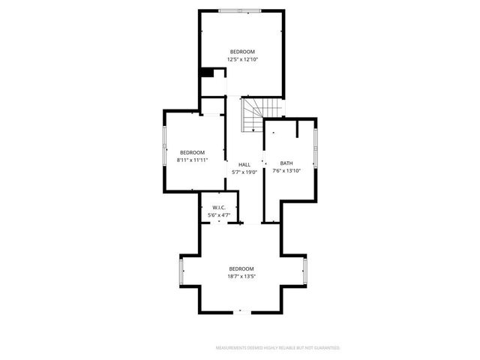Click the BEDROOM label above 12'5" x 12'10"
pos(242,51)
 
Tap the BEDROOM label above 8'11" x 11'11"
pos(192,152)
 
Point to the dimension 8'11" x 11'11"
pos(192,160)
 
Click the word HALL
pos(244,165)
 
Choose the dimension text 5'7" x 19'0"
pos(244,172)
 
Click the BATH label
pos(286,163)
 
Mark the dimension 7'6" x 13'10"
pos(286,171)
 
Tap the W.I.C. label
pos(219,208)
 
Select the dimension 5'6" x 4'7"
pos(219,215)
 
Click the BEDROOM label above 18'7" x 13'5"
pos(241,268)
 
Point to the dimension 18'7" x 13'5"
pos(241,276)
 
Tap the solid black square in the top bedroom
pos(207,72)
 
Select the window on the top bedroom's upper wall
pos(241,10)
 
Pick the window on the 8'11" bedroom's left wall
pos(165,146)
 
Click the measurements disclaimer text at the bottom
pos(277,348)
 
